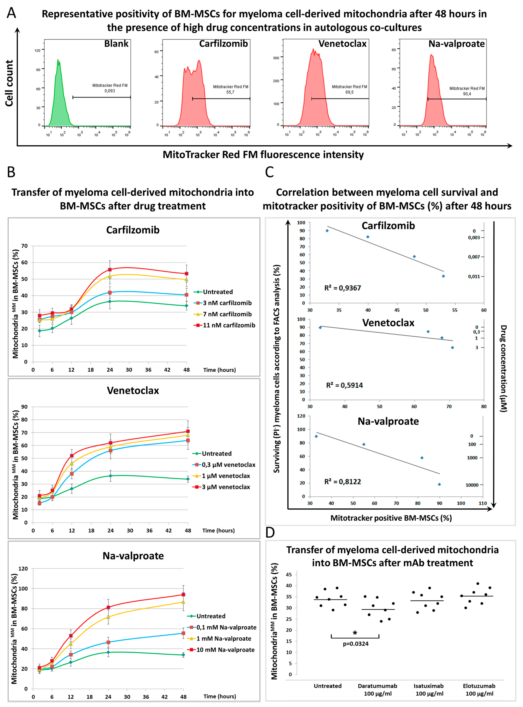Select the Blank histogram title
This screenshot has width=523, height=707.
116,44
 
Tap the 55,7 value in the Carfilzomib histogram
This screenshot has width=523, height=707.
230,92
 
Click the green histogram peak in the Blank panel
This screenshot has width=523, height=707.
58,60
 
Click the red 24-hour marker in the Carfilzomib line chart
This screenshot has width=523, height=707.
110,270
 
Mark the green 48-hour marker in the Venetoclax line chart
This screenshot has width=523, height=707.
188,479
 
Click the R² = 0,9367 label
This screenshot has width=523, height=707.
343,288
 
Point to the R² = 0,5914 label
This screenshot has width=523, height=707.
344,385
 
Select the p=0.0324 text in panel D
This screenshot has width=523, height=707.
356,644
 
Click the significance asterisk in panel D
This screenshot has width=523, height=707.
355,633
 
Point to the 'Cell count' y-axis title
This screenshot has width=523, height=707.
10,83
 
